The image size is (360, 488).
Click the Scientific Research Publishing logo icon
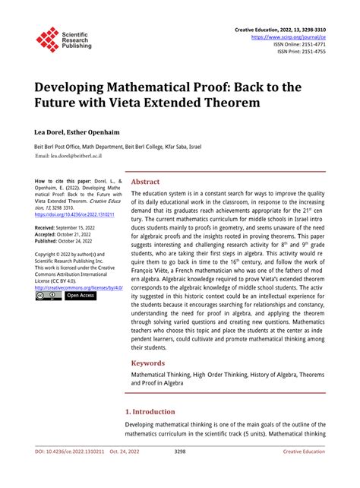(x=48, y=40)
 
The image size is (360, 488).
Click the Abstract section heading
(x=146, y=182)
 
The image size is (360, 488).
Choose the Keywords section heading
(x=150, y=363)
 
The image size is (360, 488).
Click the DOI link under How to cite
(x=74, y=214)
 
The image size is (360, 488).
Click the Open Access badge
(x=81, y=296)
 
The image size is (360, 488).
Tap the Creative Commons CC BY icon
(x=48, y=296)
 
